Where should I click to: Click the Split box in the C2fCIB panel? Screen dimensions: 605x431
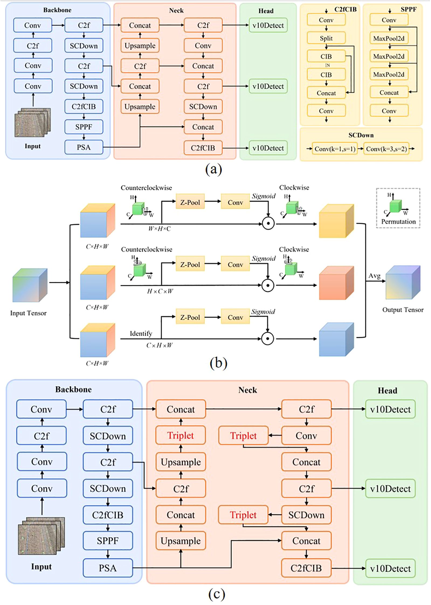326,38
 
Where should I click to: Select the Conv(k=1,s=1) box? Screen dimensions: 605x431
335,149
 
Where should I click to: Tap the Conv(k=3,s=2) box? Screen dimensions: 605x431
386,149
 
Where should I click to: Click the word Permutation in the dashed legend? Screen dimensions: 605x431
398,222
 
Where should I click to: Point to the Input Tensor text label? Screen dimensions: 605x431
28,313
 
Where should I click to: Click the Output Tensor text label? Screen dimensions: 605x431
403,310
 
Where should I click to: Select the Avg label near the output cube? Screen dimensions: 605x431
374,276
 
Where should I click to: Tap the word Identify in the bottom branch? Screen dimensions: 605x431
141,334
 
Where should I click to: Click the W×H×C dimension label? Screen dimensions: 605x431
159,229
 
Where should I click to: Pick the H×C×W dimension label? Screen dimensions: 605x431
160,291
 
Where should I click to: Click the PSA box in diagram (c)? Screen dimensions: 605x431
108,568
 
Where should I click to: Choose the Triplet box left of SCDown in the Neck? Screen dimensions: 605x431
243,515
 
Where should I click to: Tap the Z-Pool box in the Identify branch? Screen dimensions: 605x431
190,317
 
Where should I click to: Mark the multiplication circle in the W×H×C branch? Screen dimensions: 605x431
268,224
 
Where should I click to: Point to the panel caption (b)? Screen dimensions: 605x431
218,363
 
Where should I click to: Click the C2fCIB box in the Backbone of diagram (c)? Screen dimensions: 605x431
108,515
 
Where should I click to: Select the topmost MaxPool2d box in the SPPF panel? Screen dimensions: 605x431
389,38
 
